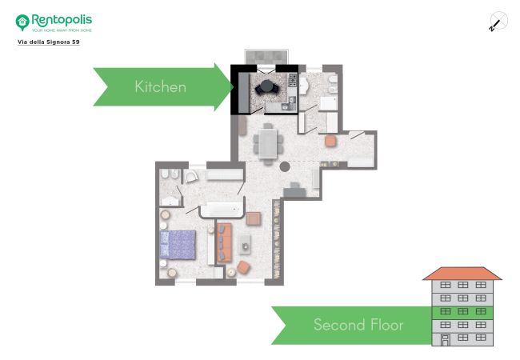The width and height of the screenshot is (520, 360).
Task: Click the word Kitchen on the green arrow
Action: coord(161,87)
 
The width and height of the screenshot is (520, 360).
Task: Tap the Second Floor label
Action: coord(358,325)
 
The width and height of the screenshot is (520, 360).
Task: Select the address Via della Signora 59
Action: coord(49,42)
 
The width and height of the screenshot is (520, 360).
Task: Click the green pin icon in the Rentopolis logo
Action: coord(22,22)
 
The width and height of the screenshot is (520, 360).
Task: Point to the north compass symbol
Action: coord(498,22)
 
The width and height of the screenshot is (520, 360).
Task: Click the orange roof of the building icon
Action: coord(462,274)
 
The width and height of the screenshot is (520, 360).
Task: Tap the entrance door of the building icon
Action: coord(446,340)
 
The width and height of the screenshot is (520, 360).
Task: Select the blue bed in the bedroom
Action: coord(178,245)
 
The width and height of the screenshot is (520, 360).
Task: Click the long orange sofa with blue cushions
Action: coord(225,242)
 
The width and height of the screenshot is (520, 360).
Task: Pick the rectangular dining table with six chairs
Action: coord(268,143)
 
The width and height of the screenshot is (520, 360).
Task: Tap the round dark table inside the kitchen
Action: coord(267,87)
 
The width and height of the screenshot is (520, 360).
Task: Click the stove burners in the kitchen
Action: coord(293,81)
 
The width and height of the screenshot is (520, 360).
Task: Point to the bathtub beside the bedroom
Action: coord(222,210)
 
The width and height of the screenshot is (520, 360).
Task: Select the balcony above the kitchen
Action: coord(266,57)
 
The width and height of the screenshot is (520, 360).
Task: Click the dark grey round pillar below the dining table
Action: coord(285,166)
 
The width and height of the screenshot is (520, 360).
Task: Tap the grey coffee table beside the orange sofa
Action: coord(245,245)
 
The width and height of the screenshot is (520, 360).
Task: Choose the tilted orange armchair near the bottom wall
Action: coord(243,267)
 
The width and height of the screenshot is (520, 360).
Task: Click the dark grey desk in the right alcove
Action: coord(294,191)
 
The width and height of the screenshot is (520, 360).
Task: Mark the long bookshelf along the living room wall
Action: coord(277,240)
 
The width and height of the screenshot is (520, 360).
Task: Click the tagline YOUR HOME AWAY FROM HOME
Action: coord(62,30)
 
